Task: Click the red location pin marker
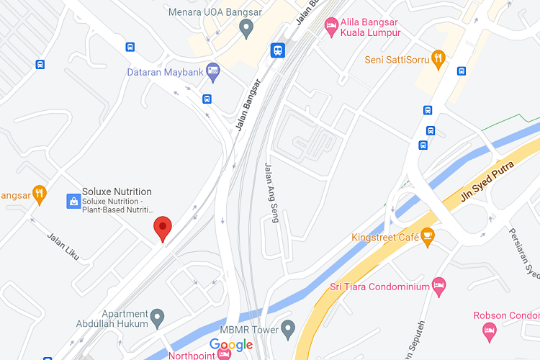point(163,228)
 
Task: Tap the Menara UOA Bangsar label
point(215,12)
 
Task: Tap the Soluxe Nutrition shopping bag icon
point(73,201)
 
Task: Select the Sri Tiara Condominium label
point(378,287)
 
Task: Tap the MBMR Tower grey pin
point(288,330)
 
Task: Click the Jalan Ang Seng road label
point(271,193)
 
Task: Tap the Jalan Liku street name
point(63,245)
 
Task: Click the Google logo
point(231,345)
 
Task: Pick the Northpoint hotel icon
point(224,354)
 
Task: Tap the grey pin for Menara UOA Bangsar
point(246,29)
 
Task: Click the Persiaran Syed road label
point(523,253)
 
